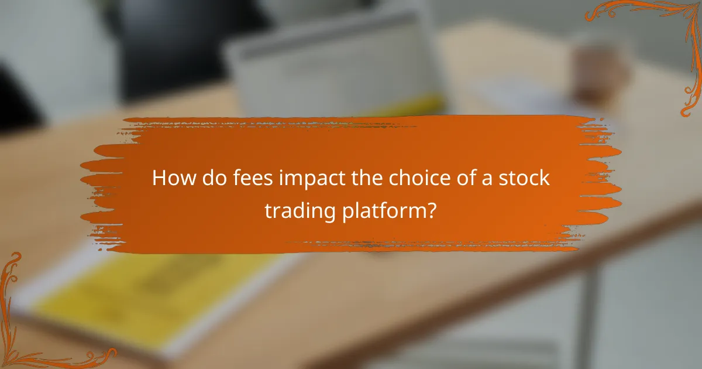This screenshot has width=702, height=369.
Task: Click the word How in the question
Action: coord(171,178)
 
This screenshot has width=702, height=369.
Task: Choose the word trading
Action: coord(300,210)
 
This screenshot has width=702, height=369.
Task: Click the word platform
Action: coord(383,210)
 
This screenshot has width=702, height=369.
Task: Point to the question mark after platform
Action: coord(432,210)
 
